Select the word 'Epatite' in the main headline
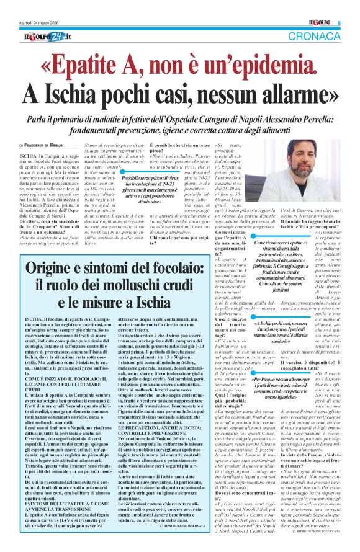click(x=106, y=65)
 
